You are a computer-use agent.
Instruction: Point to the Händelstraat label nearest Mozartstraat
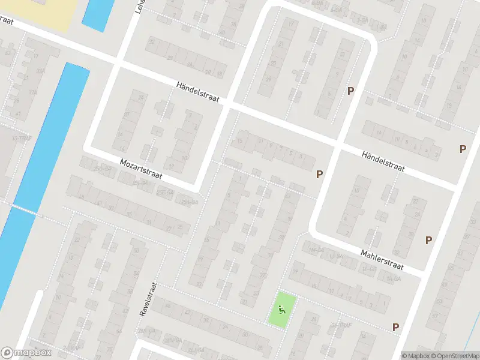197,91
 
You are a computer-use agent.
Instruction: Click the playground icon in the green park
281,310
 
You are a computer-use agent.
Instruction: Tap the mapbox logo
26,353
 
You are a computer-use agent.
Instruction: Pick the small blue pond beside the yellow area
98,13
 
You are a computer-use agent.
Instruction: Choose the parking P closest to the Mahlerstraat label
428,240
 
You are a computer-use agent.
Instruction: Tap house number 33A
40,71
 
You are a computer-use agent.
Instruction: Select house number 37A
32,92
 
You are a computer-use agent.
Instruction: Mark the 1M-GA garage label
316,250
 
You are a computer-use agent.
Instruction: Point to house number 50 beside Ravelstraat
137,250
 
